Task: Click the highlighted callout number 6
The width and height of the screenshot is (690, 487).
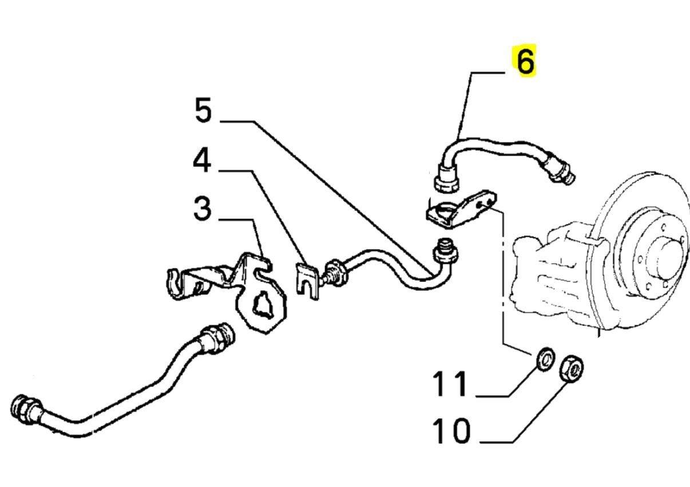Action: point(525,61)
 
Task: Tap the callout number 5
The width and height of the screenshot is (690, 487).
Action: point(203,110)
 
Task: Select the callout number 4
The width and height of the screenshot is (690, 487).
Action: point(201,162)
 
